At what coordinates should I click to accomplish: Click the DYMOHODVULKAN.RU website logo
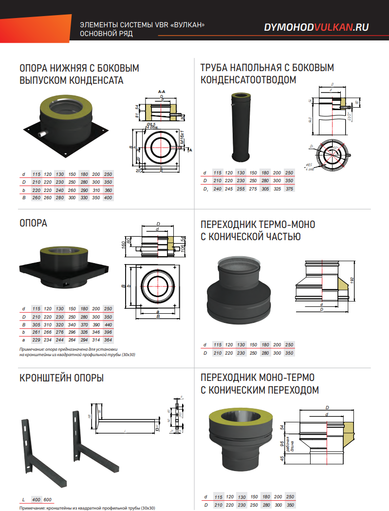316,28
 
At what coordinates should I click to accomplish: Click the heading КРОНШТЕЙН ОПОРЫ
61,378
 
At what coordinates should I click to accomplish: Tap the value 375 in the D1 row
289,189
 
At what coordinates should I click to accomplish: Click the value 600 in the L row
48,500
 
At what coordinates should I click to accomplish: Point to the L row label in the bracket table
23,500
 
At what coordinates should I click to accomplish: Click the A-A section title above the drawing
162,92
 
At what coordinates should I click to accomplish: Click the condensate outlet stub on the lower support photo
44,133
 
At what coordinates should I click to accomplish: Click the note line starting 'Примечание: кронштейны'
87,508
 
